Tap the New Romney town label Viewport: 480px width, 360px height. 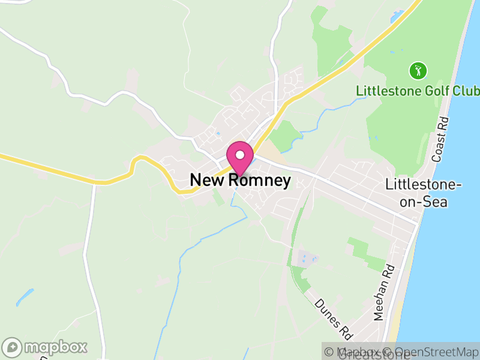pos(240,180)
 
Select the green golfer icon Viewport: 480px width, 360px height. pos(418,71)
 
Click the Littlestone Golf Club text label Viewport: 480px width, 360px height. pos(418,91)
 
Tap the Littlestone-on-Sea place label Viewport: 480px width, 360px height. pos(424,193)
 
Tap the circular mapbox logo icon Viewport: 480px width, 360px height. pos(13,347)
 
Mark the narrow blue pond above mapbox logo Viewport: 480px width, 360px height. pos(25,297)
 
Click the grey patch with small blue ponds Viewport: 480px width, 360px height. pos(307,259)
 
